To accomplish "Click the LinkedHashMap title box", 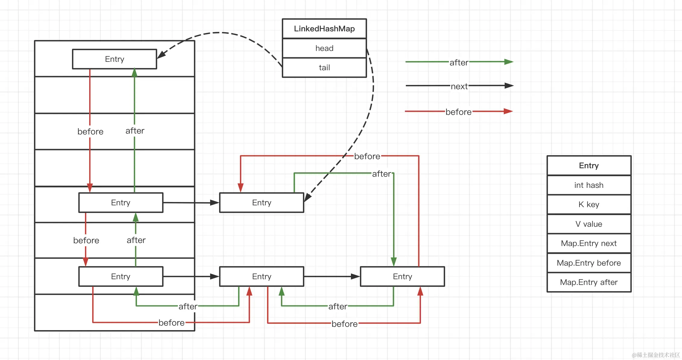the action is coord(324,29).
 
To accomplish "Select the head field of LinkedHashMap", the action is coord(324,48).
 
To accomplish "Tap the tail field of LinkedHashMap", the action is coord(324,68).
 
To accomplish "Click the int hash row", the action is coord(589,185).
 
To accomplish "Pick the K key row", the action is coord(589,204).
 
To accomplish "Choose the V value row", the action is coord(589,224).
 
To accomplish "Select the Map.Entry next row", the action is coord(589,243).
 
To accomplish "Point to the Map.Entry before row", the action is coord(589,263).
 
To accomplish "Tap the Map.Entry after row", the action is coord(589,282).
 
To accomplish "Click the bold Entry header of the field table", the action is coord(589,166).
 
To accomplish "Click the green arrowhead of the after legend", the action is coord(509,62).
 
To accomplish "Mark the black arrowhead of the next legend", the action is coord(509,86).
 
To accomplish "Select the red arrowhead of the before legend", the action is coord(508,111).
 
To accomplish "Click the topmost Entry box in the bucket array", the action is coord(115,59).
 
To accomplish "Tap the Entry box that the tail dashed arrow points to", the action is coord(262,203).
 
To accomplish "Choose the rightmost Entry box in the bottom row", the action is coord(403,276).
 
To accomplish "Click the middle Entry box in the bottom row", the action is coord(262,276).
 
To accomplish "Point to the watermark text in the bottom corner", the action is coord(656,355).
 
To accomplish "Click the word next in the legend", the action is coord(459,87).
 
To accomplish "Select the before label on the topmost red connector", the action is coord(367,156).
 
